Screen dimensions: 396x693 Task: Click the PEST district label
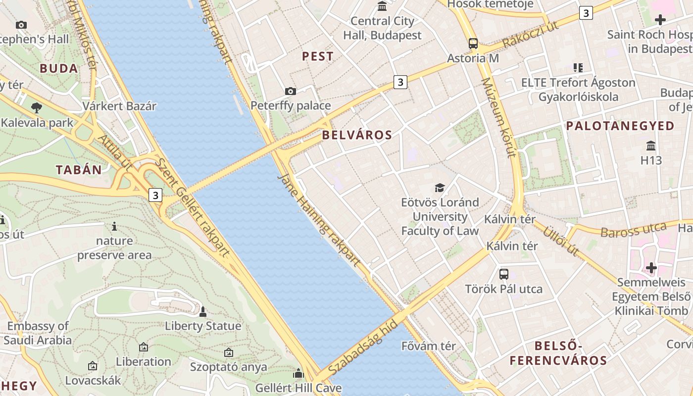[x=318, y=56]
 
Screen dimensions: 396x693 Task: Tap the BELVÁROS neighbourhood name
[x=357, y=135]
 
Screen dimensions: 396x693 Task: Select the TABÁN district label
[x=79, y=170]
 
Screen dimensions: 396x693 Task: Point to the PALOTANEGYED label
[x=620, y=126]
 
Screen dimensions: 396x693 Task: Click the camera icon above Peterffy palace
[x=291, y=91]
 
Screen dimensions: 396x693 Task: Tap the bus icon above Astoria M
[x=473, y=43]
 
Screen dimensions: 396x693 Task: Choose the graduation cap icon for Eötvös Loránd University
[x=440, y=188]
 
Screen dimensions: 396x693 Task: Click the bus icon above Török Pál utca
[x=504, y=274]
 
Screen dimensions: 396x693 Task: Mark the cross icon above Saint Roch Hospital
[x=660, y=20]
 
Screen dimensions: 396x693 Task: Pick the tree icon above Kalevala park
[x=36, y=107]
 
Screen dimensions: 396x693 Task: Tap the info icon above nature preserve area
[x=114, y=227]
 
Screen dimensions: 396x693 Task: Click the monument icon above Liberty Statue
[x=202, y=311]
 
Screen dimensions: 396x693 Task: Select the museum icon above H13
[x=651, y=146]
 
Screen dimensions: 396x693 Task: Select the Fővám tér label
[x=429, y=346]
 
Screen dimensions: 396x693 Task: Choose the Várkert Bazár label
[x=119, y=106]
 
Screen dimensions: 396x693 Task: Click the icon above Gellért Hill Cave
[x=298, y=373]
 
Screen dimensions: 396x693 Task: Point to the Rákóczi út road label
[x=530, y=35]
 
